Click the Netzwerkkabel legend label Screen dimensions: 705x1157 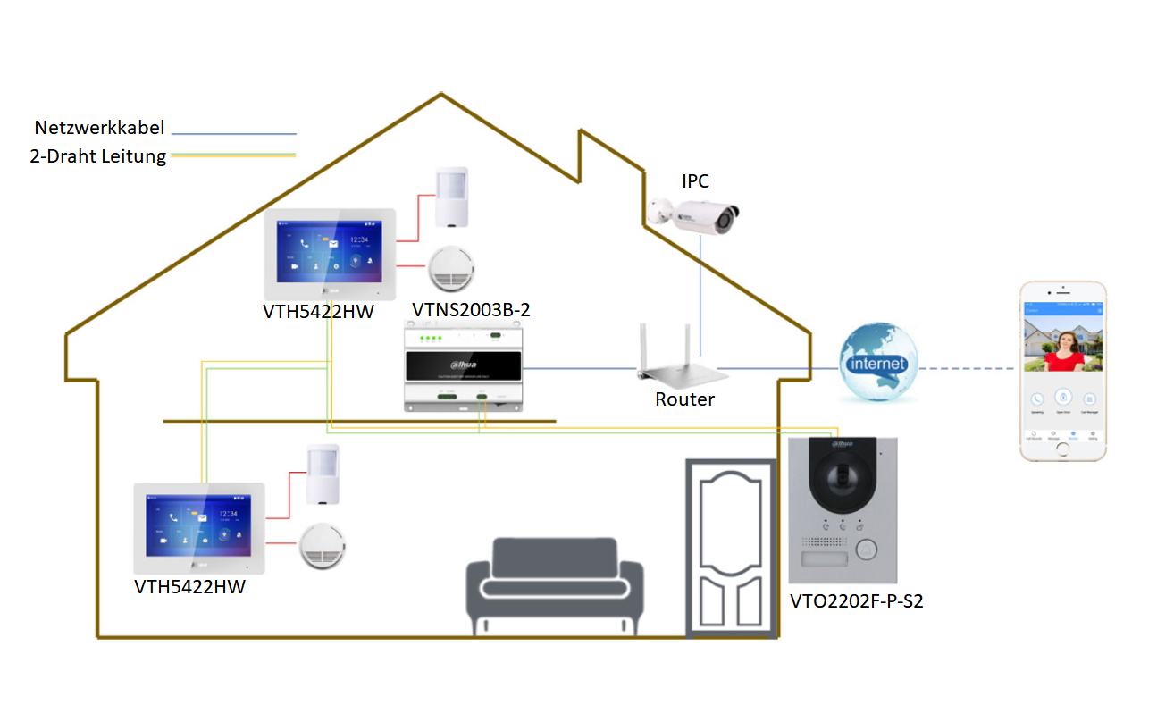pos(99,128)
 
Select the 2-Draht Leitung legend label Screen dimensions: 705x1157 pos(98,157)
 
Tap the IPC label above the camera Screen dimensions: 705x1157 pos(695,181)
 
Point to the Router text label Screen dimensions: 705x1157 pos(684,399)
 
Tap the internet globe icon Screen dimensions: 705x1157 pos(878,361)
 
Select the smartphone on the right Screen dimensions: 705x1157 pos(1063,371)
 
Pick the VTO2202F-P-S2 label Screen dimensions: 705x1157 pos(856,601)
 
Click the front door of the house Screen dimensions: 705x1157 pos(730,548)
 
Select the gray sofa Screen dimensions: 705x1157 pos(555,585)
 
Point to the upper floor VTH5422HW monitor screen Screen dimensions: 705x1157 pos(329,252)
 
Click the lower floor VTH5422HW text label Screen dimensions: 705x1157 pos(189,587)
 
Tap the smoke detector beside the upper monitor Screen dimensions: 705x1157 pos(453,268)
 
